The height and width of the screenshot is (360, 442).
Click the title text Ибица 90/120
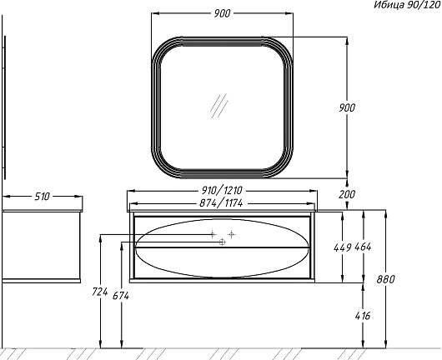tap(407, 5)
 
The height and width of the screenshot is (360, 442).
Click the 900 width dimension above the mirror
tap(222, 13)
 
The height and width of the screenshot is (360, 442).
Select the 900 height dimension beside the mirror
tap(347, 107)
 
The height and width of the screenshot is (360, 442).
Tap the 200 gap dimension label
tap(347, 194)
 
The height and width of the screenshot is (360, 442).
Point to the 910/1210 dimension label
tap(222, 191)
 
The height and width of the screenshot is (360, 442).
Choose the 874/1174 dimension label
tap(221, 203)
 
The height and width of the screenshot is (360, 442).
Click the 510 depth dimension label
tap(42, 197)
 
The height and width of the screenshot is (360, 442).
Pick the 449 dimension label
tap(342, 247)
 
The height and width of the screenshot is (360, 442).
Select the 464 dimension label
tap(363, 247)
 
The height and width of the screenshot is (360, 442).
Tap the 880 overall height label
tap(385, 279)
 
